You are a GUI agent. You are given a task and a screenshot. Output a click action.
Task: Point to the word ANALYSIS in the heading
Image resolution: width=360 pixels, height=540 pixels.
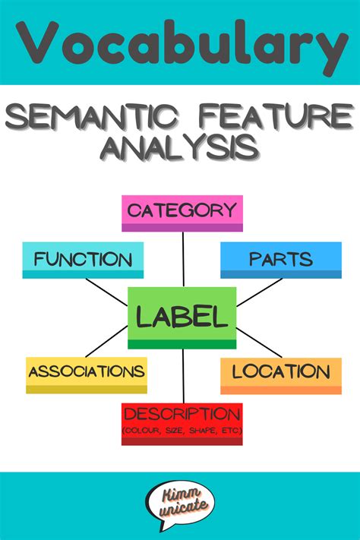pyautogui.click(x=179, y=147)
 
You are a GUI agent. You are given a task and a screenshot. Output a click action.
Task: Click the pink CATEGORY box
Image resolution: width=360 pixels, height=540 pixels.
pyautogui.click(x=182, y=213)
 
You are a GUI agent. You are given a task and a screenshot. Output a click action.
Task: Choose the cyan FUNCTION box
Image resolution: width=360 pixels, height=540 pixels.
pyautogui.click(x=83, y=260)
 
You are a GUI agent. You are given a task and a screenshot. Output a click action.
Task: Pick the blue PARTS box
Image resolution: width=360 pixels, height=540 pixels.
pyautogui.click(x=281, y=260)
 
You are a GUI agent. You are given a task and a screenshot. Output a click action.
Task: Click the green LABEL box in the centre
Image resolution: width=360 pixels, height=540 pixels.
pyautogui.click(x=182, y=317)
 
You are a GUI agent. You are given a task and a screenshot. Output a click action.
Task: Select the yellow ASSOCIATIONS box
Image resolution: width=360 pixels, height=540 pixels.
pyautogui.click(x=87, y=375)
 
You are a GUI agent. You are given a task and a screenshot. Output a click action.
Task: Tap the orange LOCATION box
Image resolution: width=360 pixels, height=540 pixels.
pyautogui.click(x=281, y=376)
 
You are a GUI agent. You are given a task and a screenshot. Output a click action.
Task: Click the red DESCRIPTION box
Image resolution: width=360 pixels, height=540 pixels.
pyautogui.click(x=182, y=424)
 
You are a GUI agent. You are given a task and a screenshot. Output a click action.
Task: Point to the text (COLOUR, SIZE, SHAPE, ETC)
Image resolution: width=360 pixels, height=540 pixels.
pyautogui.click(x=182, y=431)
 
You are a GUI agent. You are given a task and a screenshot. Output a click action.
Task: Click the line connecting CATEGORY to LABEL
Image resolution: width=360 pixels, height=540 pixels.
pyautogui.click(x=183, y=259)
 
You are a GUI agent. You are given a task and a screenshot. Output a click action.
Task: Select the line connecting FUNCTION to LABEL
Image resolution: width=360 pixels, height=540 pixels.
pyautogui.click(x=106, y=292)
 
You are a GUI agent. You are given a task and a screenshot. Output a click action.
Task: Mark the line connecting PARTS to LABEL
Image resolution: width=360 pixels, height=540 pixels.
pyautogui.click(x=260, y=292)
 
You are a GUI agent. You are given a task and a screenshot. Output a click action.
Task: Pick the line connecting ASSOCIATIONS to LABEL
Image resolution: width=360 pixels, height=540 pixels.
pyautogui.click(x=106, y=341)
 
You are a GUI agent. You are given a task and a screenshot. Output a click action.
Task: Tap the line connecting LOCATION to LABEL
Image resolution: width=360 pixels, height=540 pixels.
pyautogui.click(x=259, y=343)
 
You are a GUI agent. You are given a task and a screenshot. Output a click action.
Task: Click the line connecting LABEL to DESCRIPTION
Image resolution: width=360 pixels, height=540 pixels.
pyautogui.click(x=183, y=376)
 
